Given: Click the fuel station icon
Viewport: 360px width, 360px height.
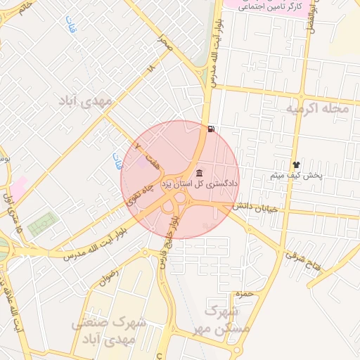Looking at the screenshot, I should tap(212, 129).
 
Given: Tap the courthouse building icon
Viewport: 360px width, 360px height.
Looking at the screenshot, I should tap(200, 173).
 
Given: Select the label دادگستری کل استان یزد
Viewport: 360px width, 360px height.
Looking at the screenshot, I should tap(200, 184).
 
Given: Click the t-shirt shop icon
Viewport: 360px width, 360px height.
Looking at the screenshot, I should tap(296, 163).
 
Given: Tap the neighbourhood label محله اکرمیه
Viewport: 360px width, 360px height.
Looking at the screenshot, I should tap(317, 109).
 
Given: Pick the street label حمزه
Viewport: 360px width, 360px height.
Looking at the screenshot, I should tap(244, 293).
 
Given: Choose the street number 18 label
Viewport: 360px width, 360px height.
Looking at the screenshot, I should tap(150, 70).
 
